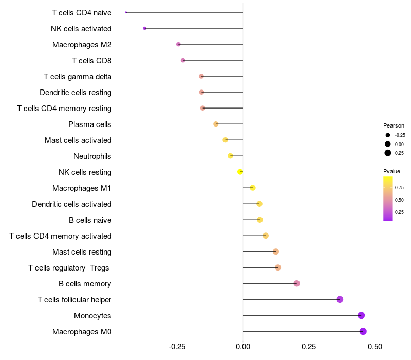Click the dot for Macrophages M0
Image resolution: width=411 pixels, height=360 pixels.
[x=363, y=331]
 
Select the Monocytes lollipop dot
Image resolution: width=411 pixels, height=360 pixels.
[x=361, y=315]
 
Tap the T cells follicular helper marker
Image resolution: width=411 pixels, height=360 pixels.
[x=340, y=299]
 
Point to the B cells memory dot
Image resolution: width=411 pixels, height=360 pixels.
[x=296, y=283]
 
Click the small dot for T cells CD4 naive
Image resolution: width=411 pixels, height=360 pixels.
[x=126, y=12]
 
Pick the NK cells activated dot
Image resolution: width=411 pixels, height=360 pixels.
[x=145, y=28]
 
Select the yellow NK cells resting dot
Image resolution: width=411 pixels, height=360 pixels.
[x=240, y=172]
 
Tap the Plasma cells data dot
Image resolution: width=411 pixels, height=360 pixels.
[x=216, y=124]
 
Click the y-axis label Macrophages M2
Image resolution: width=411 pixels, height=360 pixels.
[x=82, y=45]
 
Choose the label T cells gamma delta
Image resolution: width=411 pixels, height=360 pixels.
[x=78, y=77]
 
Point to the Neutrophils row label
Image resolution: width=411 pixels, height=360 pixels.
[x=92, y=156]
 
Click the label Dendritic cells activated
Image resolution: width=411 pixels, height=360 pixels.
[x=71, y=204]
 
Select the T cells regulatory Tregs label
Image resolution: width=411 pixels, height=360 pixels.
[x=69, y=268]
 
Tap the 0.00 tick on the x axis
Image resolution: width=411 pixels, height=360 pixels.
[x=243, y=347]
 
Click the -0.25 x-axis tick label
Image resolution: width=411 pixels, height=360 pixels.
[x=177, y=347]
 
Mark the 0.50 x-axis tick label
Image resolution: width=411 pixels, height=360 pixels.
[x=375, y=347]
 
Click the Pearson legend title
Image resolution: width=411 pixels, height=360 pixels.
[x=394, y=125]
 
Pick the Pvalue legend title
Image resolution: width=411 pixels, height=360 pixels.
[x=391, y=171]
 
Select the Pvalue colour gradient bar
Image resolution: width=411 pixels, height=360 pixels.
[x=388, y=199]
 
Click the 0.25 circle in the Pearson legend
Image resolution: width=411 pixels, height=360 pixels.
[x=388, y=153]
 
